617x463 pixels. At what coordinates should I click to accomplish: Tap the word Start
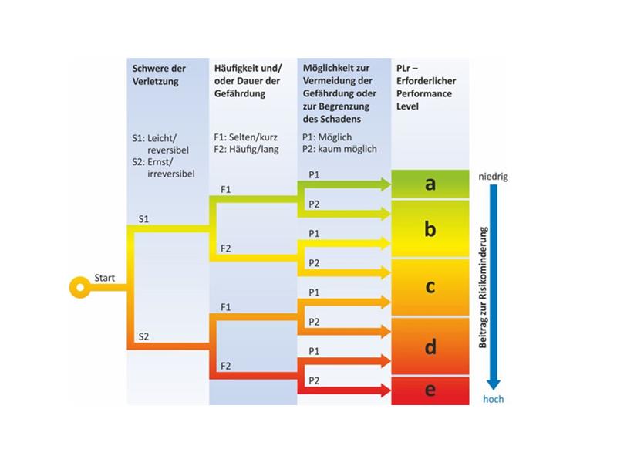104,278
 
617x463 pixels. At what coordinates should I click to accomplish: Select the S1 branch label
143,219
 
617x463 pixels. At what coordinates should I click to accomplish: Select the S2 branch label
143,336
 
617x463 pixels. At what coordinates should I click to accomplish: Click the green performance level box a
430,184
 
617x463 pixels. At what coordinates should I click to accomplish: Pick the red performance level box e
430,390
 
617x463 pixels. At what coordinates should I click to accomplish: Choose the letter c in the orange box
430,286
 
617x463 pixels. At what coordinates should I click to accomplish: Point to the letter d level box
430,346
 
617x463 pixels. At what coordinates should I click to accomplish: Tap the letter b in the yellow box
430,228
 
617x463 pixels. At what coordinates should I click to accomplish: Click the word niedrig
493,177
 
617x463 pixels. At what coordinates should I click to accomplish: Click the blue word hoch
493,399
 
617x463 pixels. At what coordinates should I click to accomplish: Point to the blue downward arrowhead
494,384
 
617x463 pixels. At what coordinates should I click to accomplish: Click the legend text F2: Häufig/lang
246,150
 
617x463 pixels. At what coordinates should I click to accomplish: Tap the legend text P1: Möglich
327,137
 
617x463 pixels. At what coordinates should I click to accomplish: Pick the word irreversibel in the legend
170,174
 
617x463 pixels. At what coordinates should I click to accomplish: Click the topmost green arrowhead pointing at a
385,184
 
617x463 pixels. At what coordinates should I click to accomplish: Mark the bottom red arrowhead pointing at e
385,391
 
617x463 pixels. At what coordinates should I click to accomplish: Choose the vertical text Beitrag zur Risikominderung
484,287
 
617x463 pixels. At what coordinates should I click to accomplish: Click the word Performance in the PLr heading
423,93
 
